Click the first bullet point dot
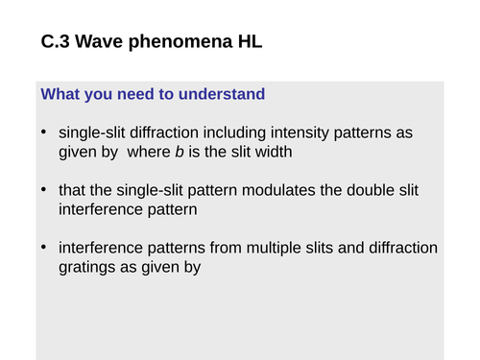[44, 132]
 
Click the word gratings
[88, 268]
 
